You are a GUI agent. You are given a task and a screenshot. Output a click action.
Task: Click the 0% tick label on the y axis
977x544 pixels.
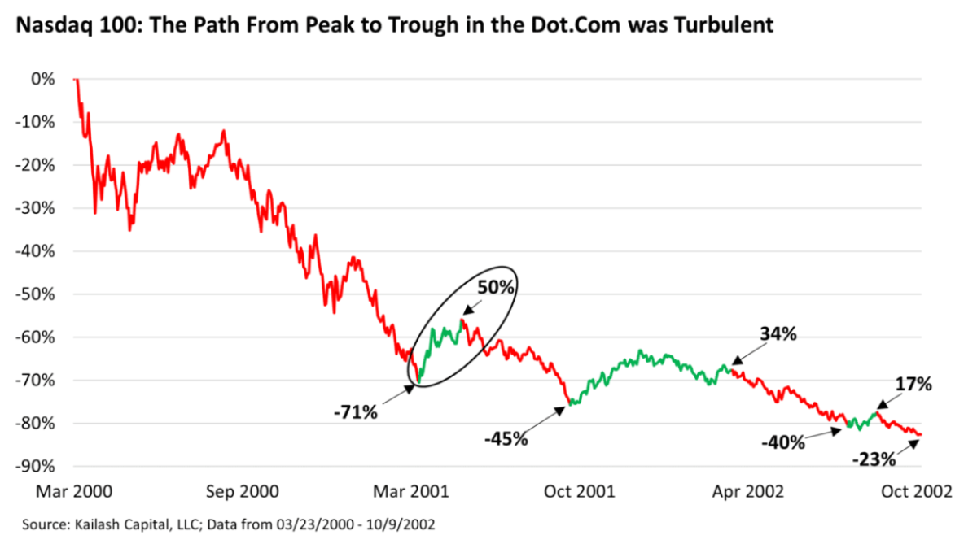[43, 79]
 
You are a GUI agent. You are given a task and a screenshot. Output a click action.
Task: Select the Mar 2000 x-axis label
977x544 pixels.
[73, 492]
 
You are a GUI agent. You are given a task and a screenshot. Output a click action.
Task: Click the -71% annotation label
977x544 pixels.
[356, 412]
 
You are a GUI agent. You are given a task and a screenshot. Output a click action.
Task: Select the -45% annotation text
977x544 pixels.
[506, 439]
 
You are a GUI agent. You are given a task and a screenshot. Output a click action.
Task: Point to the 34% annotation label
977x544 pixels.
[777, 334]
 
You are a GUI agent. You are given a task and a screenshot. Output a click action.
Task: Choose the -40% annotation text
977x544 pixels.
[783, 442]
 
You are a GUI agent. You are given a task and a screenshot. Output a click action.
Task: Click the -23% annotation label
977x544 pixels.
[874, 459]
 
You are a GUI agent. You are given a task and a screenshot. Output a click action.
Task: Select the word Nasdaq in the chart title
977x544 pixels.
[45, 25]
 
